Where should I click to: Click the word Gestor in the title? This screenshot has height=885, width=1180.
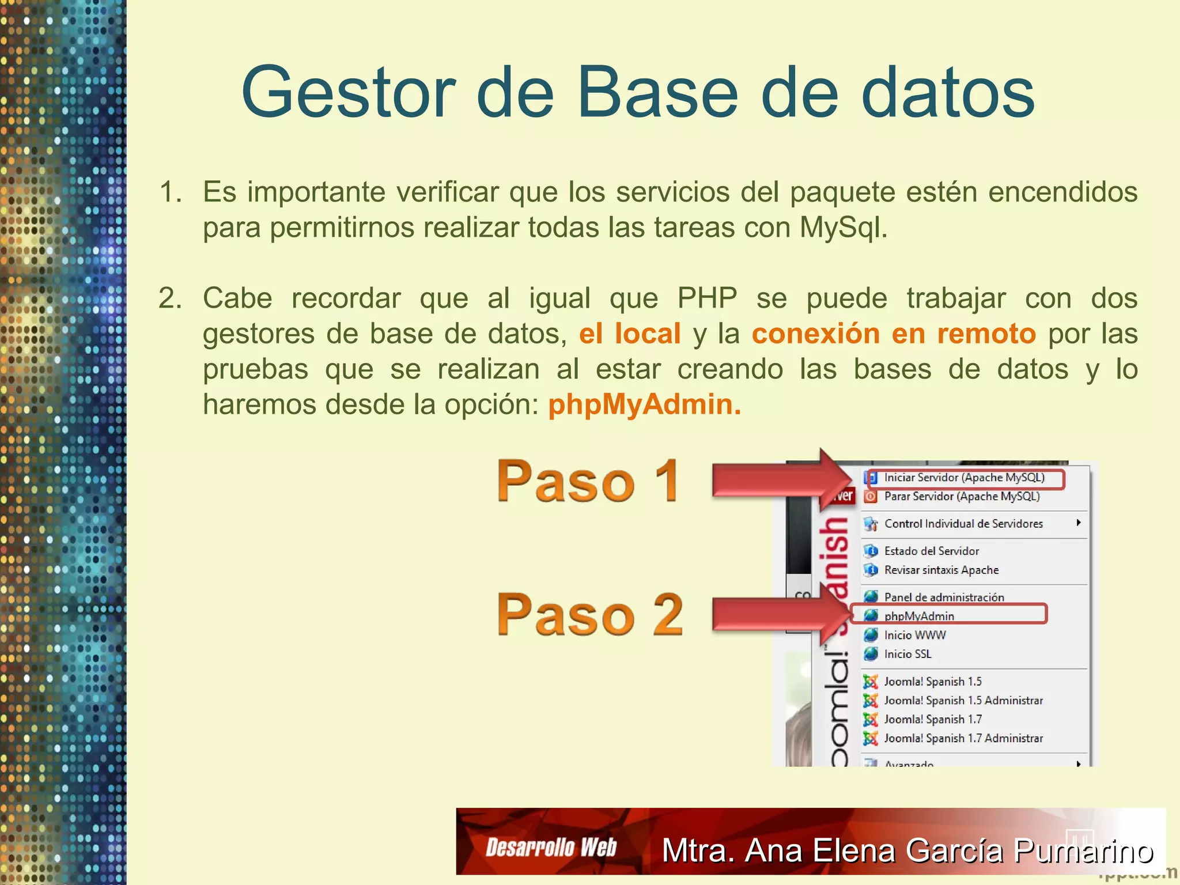(x=348, y=92)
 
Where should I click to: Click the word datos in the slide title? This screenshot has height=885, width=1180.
(x=947, y=92)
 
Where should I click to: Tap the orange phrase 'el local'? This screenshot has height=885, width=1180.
(x=630, y=334)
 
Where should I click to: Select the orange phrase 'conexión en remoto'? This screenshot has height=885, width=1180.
(x=894, y=334)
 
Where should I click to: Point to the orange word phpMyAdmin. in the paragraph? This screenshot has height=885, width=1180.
(x=644, y=404)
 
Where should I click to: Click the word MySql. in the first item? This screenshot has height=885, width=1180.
(x=844, y=228)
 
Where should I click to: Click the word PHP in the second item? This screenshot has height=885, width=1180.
(x=707, y=298)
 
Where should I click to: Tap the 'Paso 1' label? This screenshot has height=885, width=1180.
(x=588, y=481)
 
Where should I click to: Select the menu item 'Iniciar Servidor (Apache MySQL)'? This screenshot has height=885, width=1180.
(x=964, y=478)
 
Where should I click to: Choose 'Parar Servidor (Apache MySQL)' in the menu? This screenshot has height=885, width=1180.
(x=962, y=497)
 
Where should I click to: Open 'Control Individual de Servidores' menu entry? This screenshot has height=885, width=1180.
(x=963, y=524)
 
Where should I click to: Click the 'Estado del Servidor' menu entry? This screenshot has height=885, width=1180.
(x=931, y=551)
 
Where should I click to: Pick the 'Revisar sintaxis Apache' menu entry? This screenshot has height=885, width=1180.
(x=941, y=570)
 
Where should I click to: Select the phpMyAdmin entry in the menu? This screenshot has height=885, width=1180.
(x=919, y=616)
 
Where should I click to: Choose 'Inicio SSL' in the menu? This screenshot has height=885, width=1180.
(x=907, y=654)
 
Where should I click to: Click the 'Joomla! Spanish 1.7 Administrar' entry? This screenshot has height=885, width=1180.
(x=963, y=739)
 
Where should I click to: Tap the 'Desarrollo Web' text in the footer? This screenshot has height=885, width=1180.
(x=551, y=848)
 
